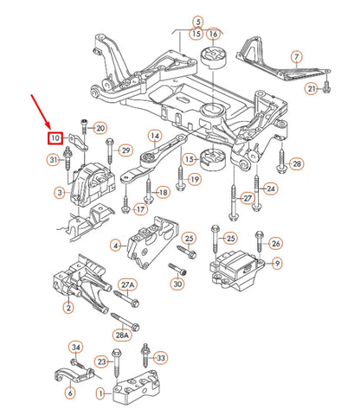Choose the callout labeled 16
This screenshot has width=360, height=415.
click(213, 35)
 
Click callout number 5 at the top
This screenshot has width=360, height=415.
click(197, 21)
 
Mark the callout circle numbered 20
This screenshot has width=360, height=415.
click(100, 128)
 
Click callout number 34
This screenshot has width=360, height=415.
click(75, 348)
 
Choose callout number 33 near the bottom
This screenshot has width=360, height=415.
click(161, 357)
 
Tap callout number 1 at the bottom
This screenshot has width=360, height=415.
click(101, 394)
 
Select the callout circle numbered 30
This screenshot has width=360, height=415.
click(177, 284)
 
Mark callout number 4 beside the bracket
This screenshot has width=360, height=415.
click(116, 246)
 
